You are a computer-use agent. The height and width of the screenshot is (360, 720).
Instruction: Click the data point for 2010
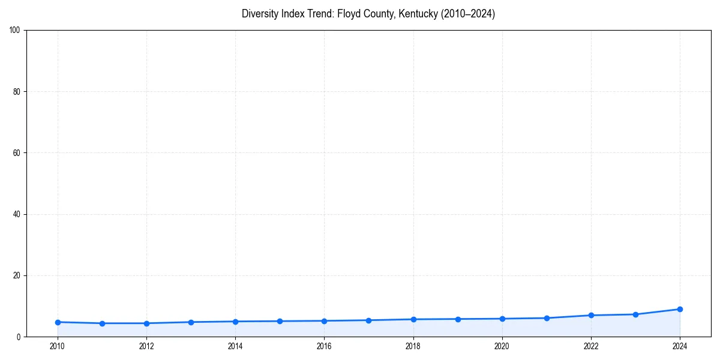[x=58, y=322]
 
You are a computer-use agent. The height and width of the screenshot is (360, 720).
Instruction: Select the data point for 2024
[x=680, y=309]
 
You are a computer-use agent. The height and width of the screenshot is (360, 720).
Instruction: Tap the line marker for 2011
[x=102, y=323]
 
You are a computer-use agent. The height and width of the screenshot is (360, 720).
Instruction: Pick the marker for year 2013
[x=191, y=322]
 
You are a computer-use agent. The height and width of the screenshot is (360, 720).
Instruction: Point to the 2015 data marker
[x=280, y=321]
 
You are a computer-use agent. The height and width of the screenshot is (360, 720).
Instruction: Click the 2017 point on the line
[x=368, y=320]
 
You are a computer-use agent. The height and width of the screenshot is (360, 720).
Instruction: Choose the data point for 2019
[x=458, y=319]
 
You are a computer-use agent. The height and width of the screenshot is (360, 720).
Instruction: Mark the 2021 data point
[x=547, y=318]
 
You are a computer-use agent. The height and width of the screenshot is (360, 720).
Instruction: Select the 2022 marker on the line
[x=591, y=315]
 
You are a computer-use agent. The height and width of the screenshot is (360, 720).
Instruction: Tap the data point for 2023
[x=635, y=314]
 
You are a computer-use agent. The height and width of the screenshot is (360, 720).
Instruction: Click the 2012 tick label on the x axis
[x=146, y=346]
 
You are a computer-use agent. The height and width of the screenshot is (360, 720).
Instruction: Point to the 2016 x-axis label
[x=324, y=346]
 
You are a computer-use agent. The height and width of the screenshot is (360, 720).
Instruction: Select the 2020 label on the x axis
[x=502, y=346]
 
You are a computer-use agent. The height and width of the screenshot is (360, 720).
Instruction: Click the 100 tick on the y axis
[x=16, y=31]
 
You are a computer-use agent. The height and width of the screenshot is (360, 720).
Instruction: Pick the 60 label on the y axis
[x=17, y=153]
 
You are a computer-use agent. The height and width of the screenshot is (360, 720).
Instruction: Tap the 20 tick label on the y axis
[x=17, y=275]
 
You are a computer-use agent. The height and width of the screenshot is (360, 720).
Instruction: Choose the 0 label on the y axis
[x=19, y=337]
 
